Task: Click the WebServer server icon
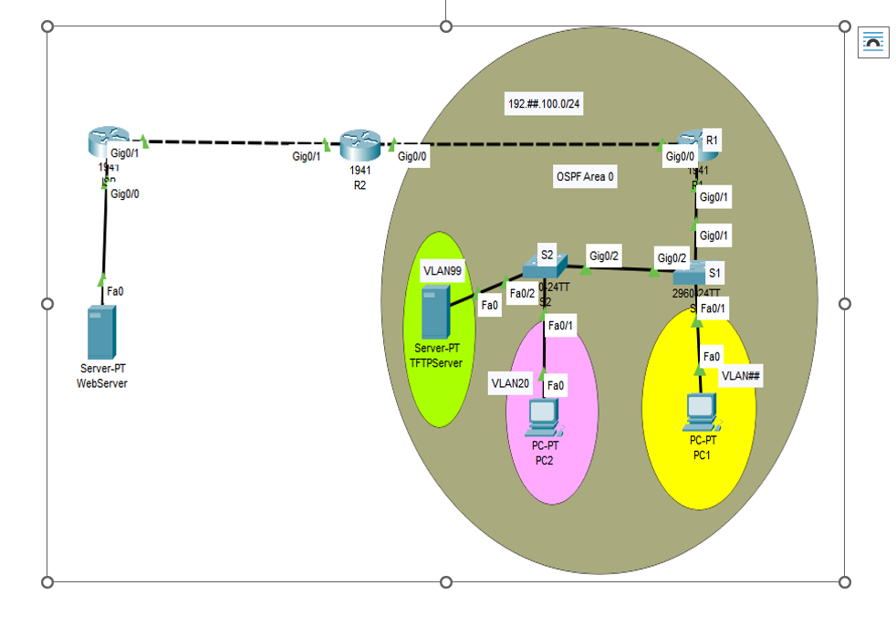point(101,333)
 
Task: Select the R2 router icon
point(359,144)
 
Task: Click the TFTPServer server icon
point(435,310)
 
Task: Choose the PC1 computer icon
point(700,413)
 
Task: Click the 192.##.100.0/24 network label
point(544,104)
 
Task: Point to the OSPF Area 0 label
point(585,177)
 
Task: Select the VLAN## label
point(740,375)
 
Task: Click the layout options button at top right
point(873,42)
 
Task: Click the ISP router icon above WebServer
point(106,144)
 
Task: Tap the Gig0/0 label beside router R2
point(412,157)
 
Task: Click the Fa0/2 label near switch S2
point(522,293)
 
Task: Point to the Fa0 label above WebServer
point(115,291)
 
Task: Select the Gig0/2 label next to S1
point(672,258)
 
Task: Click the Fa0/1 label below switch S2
point(560,324)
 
